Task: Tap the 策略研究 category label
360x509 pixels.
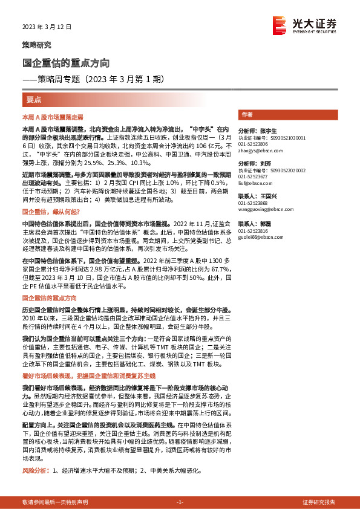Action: [x=36, y=45]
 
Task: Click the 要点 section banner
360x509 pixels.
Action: [x=34, y=99]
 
